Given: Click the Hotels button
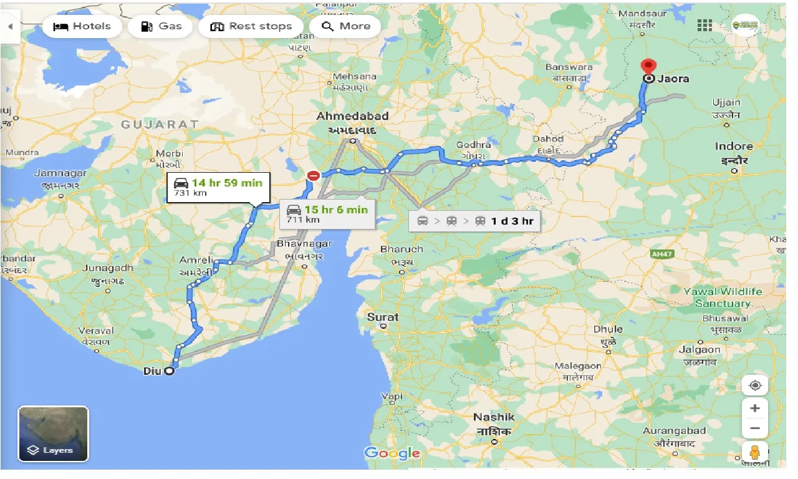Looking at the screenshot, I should pos(82,26).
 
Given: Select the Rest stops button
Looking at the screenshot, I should pos(251,26).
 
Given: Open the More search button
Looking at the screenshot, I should pos(345,26).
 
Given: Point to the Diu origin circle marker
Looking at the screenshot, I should pos(169,371).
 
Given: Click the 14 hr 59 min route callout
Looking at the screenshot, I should pos(218,187).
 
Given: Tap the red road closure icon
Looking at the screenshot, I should pos(313,177).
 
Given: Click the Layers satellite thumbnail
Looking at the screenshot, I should pos(53,433).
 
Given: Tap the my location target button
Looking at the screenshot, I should pos(754,385).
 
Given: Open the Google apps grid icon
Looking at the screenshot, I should pos(704,25).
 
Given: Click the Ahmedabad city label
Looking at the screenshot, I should pos(352,116).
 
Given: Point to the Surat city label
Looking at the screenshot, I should pos(383,317).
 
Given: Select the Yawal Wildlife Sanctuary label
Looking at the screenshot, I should pos(723,298).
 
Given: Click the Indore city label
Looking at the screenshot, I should pos(734,147).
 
